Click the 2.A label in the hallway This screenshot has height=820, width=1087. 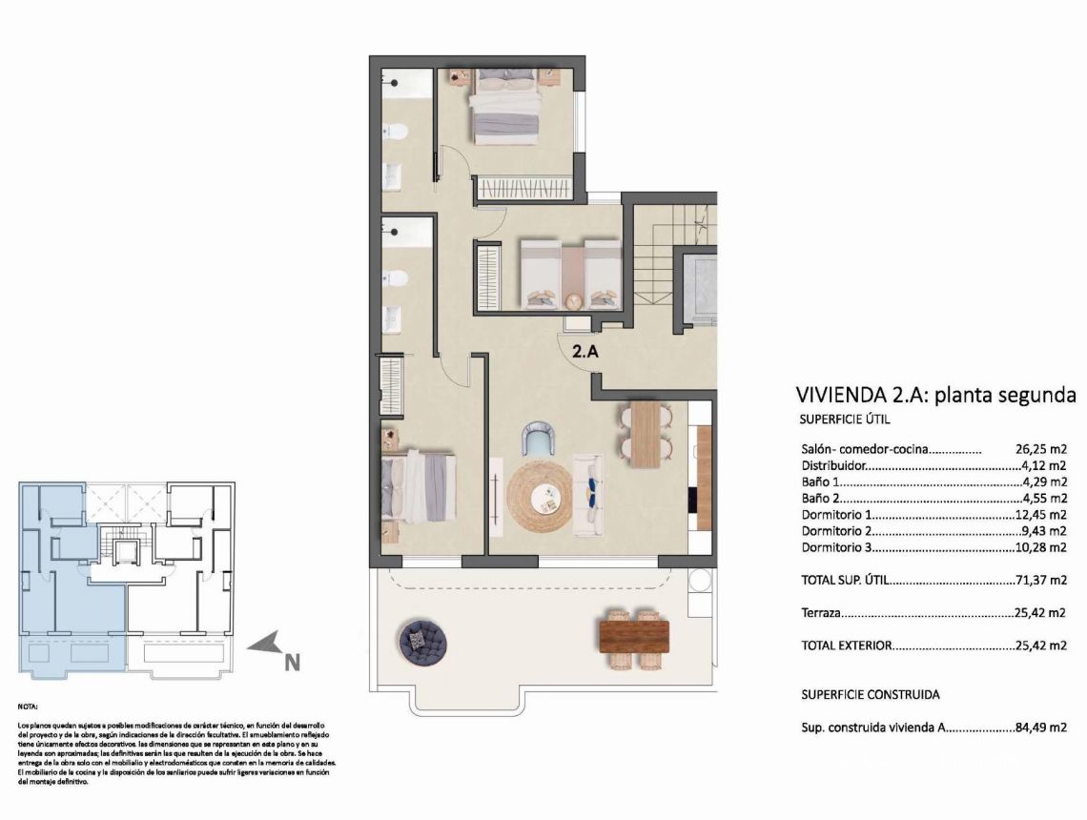pos(585,351)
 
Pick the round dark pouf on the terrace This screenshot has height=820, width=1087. pos(420,641)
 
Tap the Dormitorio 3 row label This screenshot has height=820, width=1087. pos(837,548)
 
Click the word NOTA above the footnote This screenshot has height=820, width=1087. pos(29,707)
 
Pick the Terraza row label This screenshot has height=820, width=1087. pos(821,613)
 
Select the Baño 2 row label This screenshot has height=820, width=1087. pos(821,498)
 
